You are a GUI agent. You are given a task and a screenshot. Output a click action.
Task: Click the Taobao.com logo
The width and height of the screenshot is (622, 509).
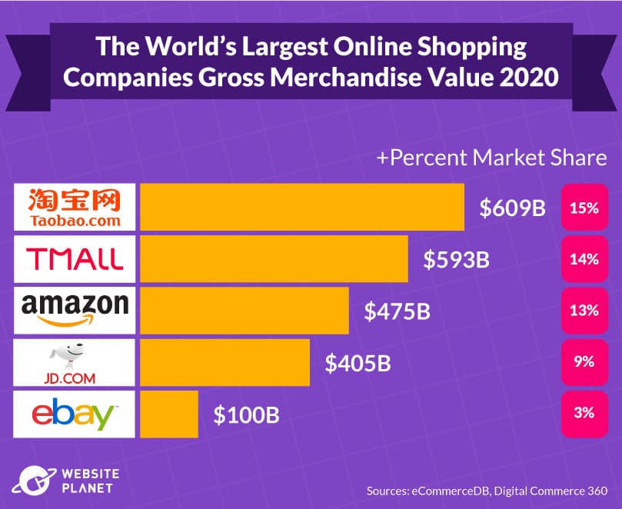tap(75, 207)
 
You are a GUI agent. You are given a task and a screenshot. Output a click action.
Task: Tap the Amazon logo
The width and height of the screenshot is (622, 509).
tap(75, 310)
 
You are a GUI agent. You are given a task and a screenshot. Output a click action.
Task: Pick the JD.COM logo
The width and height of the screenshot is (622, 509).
tap(75, 362)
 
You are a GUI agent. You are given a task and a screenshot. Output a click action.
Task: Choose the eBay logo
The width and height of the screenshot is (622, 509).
tap(75, 414)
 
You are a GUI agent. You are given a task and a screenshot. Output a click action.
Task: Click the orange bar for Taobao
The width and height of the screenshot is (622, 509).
tap(301, 207)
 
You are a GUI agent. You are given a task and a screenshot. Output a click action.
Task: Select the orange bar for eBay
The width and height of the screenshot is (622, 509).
tap(168, 414)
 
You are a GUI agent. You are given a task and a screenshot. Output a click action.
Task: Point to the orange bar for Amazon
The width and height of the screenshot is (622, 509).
tap(244, 310)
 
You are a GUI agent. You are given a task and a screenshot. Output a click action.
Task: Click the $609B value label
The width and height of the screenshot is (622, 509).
tap(512, 208)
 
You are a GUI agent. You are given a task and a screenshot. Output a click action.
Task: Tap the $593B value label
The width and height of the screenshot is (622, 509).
tap(456, 260)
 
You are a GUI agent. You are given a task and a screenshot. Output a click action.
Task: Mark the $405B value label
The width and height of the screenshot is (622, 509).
tap(358, 363)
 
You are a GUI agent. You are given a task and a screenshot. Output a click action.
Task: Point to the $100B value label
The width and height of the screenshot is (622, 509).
tap(246, 415)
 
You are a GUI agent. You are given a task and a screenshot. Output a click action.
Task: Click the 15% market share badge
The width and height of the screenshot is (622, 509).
tap(584, 208)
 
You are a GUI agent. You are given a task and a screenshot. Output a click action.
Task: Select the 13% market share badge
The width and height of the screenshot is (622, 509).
tap(584, 311)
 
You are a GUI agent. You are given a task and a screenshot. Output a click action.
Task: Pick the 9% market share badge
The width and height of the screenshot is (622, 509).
tap(584, 362)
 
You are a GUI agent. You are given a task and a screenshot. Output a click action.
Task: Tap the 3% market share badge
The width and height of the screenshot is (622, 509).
tap(584, 414)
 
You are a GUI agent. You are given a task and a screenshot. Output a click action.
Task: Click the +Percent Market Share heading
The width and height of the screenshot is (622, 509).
tap(491, 158)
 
